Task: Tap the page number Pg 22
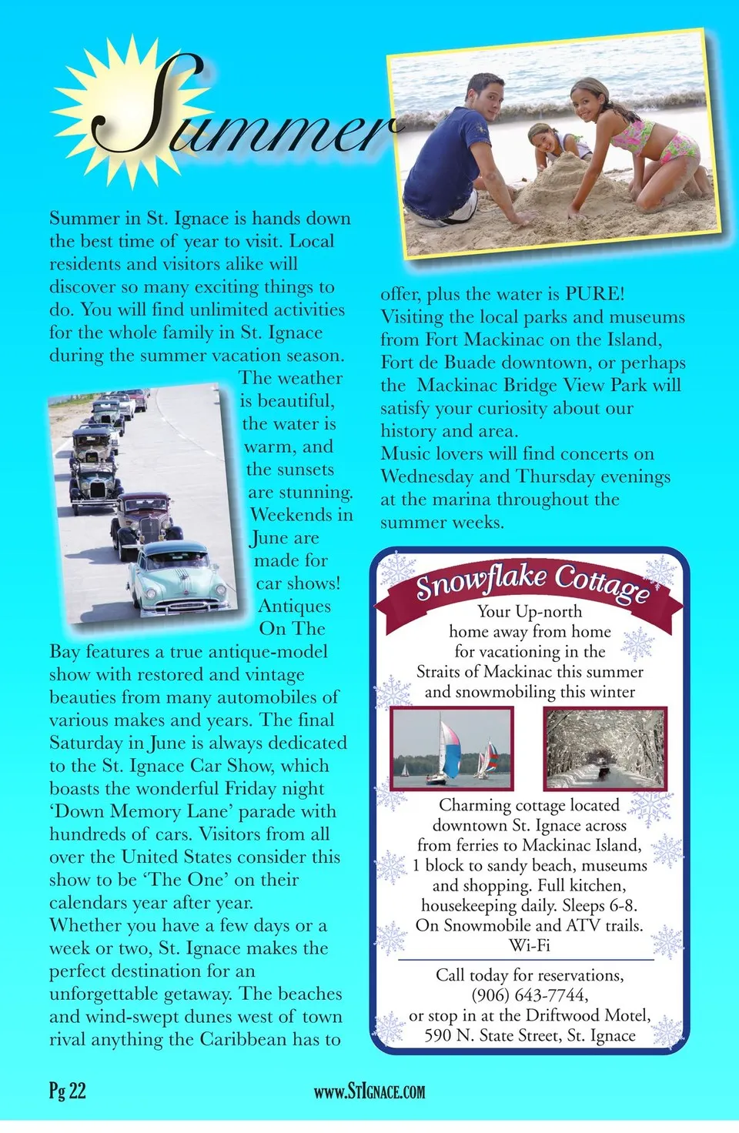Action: (x=68, y=1091)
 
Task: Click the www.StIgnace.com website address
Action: (x=369, y=1091)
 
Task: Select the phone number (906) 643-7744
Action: (x=530, y=995)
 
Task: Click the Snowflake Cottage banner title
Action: (x=531, y=582)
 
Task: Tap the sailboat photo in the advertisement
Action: (x=452, y=748)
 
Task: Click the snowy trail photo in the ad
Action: (x=604, y=748)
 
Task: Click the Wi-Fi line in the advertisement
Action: (x=530, y=945)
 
